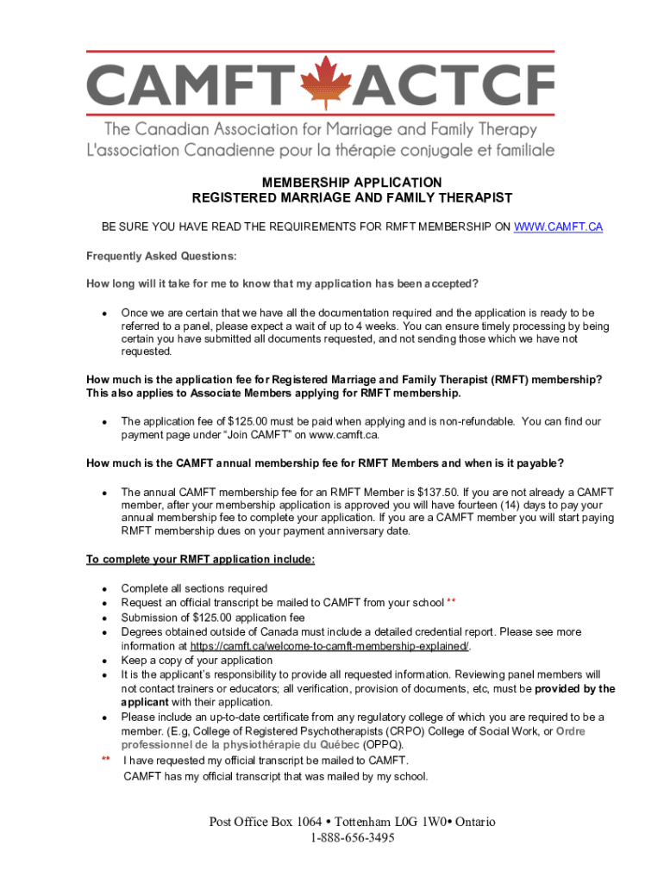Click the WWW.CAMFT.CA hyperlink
click(558, 227)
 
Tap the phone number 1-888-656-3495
click(352, 837)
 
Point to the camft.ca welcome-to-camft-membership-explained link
click(329, 646)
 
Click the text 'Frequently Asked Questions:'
click(161, 256)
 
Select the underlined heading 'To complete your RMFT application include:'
click(201, 560)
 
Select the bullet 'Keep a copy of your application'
click(197, 661)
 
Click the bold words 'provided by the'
click(575, 689)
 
